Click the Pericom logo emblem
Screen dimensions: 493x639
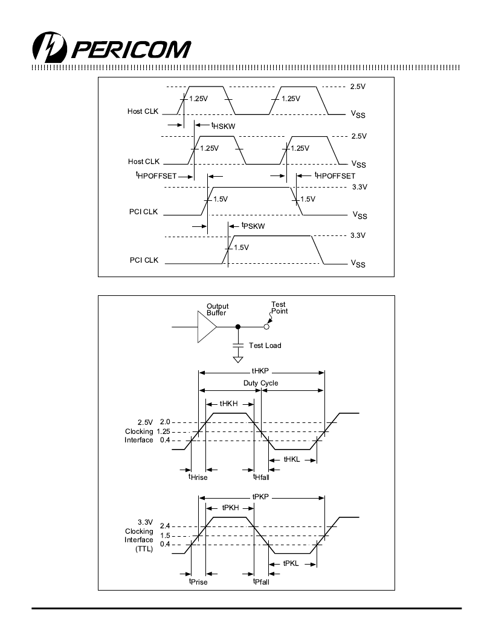(x=49, y=47)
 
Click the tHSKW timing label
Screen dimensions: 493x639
(x=224, y=126)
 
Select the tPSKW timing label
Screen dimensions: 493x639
(x=253, y=226)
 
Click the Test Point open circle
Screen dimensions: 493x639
(x=266, y=327)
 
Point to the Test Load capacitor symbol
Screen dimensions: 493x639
(x=238, y=346)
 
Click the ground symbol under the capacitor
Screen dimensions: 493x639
(x=238, y=359)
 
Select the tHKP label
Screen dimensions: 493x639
(x=260, y=371)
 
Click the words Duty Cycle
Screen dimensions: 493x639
(x=261, y=383)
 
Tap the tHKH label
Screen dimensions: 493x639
(x=228, y=404)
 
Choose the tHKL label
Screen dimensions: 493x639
(x=292, y=459)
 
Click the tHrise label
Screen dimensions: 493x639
(x=198, y=477)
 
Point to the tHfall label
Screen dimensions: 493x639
(x=261, y=477)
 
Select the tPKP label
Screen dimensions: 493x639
(x=260, y=497)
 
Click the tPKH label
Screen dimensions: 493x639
(x=230, y=508)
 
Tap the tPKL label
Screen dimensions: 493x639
(x=291, y=563)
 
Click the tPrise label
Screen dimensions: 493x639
(x=198, y=582)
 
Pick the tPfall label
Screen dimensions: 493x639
(x=261, y=582)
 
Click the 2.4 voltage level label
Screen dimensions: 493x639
(x=165, y=526)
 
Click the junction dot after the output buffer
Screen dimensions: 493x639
(x=238, y=327)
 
